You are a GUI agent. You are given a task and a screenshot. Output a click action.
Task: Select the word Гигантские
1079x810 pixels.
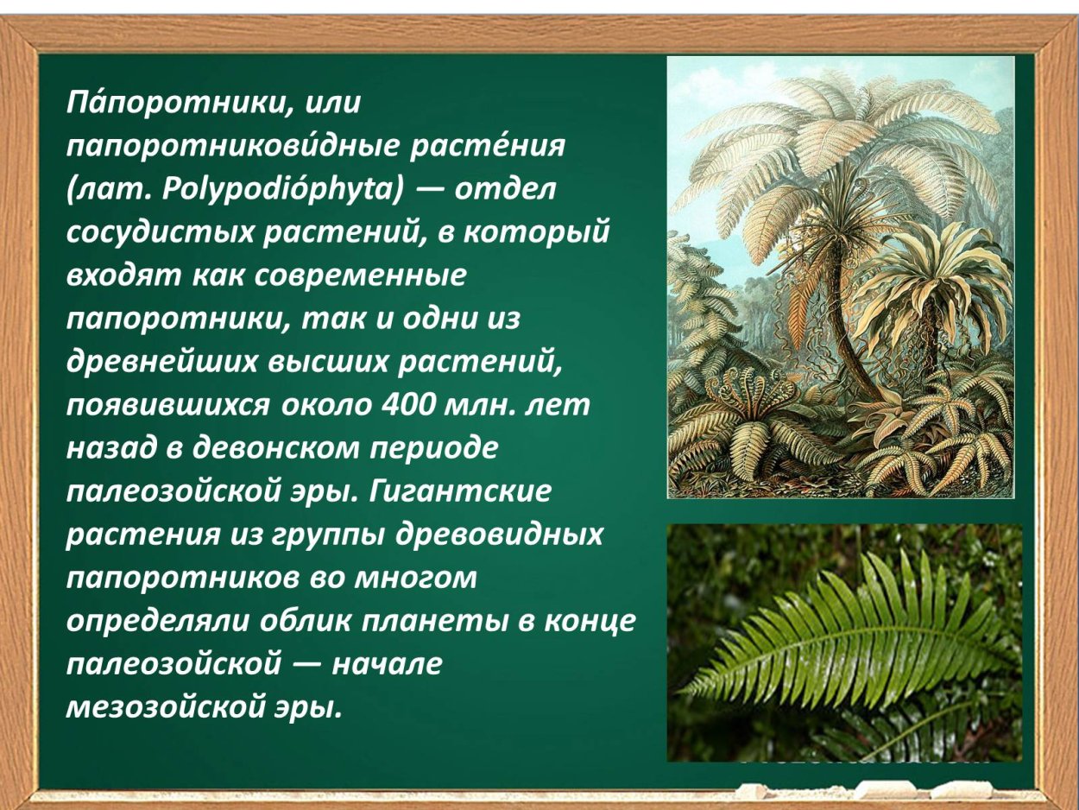click(x=459, y=491)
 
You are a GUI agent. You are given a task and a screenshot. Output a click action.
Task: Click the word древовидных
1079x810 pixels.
click(x=498, y=535)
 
